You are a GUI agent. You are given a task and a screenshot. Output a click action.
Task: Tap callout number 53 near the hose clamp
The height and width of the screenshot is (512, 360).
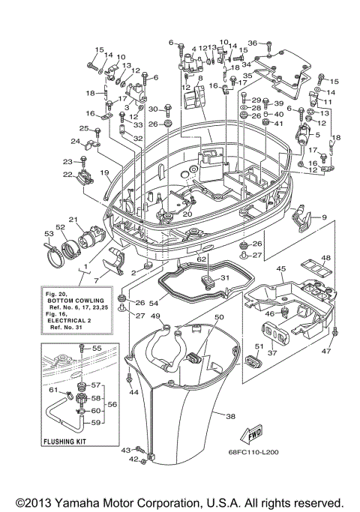(x=49, y=234)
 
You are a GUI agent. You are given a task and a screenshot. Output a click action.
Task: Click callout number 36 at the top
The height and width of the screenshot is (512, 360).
(x=252, y=43)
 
